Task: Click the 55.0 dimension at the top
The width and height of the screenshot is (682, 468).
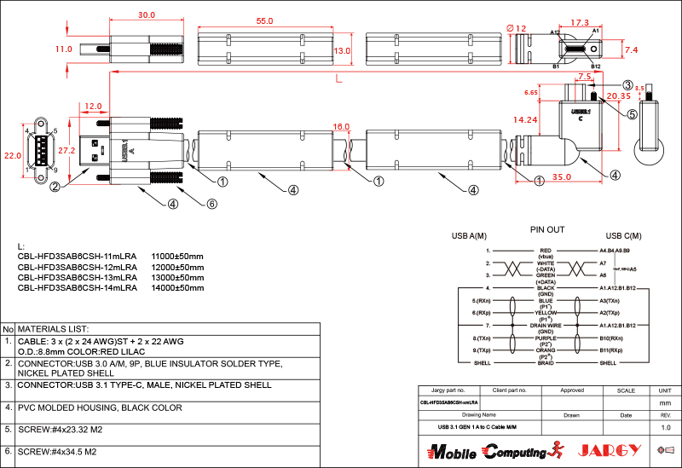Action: pos(264,20)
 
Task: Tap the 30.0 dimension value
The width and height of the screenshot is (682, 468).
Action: pos(146,15)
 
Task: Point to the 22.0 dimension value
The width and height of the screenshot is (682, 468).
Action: pos(12,156)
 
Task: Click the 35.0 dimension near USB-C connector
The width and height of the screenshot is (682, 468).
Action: pos(560,176)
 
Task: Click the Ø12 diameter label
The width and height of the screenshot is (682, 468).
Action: pos(517,29)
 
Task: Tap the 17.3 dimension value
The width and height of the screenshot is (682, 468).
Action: pos(580,23)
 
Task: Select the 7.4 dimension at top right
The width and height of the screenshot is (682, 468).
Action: pos(631,51)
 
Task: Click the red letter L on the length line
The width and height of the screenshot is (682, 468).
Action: pos(339,79)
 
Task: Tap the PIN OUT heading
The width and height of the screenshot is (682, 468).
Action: pos(547,230)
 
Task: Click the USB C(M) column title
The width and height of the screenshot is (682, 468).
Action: pos(623,236)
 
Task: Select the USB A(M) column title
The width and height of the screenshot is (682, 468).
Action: pos(469,236)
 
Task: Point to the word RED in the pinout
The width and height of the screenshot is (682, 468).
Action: pos(546,251)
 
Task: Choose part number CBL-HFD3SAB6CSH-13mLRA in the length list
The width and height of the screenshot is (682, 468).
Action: pos(77,278)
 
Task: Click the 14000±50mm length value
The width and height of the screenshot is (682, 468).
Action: pos(177,288)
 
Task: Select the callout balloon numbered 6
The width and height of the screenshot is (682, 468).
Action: pos(212,204)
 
